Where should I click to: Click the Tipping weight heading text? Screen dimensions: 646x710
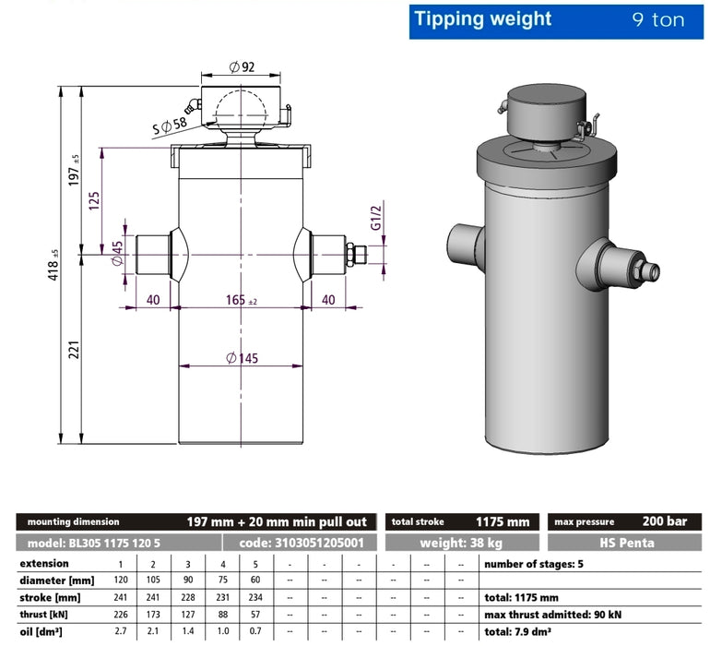[482, 19]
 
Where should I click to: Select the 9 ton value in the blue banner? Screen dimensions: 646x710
[657, 20]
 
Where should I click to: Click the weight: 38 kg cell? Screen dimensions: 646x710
[462, 543]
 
